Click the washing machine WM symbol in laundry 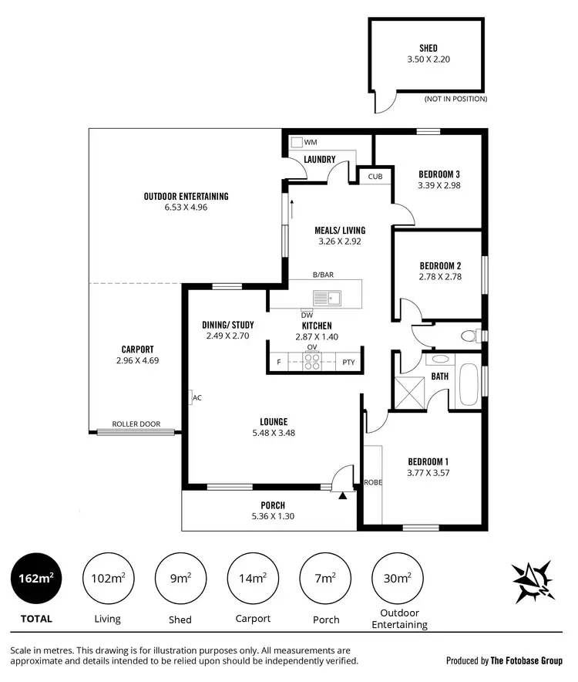coord(297,143)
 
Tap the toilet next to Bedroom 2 coord(468,336)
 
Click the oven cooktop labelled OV coord(311,362)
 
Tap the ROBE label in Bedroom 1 coord(372,483)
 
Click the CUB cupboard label coord(375,177)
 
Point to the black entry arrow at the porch coord(343,496)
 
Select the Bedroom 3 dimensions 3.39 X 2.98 coord(439,185)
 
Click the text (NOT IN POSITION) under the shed coord(455,99)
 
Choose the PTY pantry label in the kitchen coord(348,362)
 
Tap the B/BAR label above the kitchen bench coord(323,275)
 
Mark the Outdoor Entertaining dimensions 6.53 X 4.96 coord(186,207)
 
